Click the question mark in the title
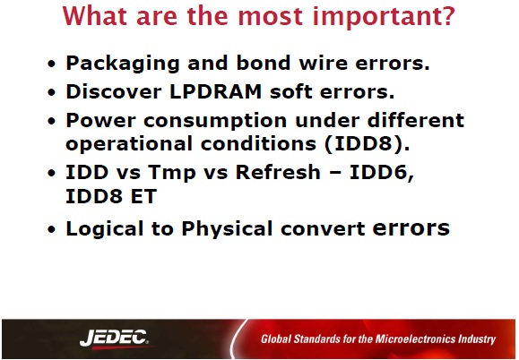pos(448,16)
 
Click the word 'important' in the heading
pos(376,17)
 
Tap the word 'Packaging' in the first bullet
pos(123,64)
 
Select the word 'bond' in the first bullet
pos(264,63)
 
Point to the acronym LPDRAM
pos(216,91)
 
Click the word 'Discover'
pos(114,91)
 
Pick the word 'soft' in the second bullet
pos(291,91)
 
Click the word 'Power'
pos(100,120)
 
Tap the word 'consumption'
pos(215,121)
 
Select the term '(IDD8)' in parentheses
pos(367,144)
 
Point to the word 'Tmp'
pos(172,173)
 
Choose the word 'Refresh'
pos(278,172)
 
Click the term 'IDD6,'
pos(382,173)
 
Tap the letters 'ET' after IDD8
pos(143,197)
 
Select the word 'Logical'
pos(105,228)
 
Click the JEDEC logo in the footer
pos(114,339)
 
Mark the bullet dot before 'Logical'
pos(52,229)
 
